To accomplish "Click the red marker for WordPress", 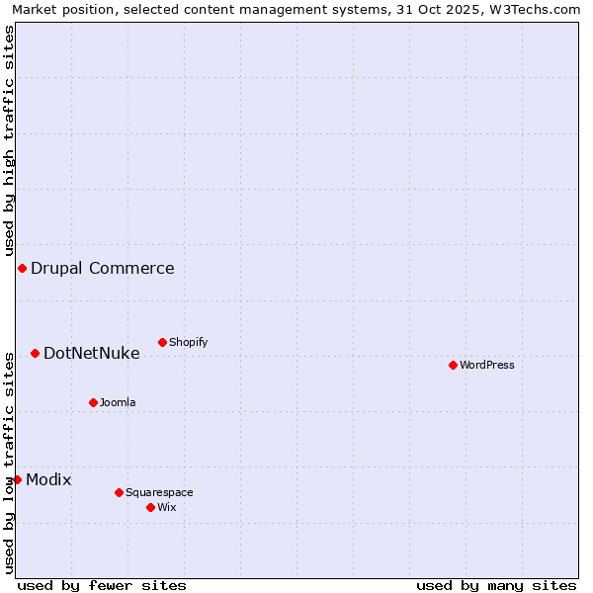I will (453, 365).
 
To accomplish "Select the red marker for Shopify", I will (162, 342).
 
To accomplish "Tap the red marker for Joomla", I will (93, 402).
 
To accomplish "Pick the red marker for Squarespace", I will (119, 492).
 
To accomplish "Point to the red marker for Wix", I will (150, 507).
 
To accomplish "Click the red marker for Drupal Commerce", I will (22, 268).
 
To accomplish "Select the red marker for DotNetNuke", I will (35, 353).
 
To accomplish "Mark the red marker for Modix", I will (17, 479).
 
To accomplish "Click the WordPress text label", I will (487, 365).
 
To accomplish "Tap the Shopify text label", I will (188, 342).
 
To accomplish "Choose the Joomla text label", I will (118, 402).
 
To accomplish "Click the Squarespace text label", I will (159, 492).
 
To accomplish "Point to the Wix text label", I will (167, 507).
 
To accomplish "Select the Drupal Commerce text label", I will (103, 268).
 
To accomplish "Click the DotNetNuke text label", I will (92, 353).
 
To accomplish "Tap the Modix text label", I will (48, 479).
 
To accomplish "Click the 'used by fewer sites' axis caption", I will (102, 585).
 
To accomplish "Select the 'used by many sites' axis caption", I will (496, 585).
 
